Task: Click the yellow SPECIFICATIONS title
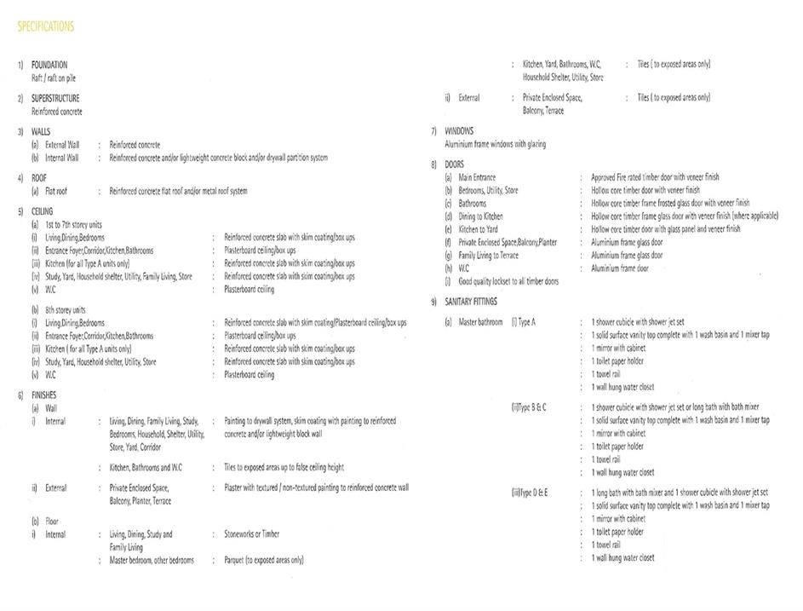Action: tap(46, 27)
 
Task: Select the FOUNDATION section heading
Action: tap(49, 65)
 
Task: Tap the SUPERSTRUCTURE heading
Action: tap(55, 99)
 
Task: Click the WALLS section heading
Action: tap(41, 132)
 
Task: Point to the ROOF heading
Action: tap(40, 178)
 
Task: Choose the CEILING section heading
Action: tap(42, 211)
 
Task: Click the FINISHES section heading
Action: tap(44, 395)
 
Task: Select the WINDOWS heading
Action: tap(459, 131)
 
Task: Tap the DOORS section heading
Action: tap(455, 164)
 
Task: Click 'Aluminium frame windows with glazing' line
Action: tap(495, 145)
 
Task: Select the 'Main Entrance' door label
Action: tap(477, 177)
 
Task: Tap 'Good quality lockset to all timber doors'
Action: tap(508, 281)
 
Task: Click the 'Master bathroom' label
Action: tap(480, 323)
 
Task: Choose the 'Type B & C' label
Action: tap(530, 407)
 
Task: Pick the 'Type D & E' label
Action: tap(530, 493)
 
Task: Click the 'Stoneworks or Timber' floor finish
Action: tap(251, 534)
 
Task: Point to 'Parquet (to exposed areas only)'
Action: tap(263, 561)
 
